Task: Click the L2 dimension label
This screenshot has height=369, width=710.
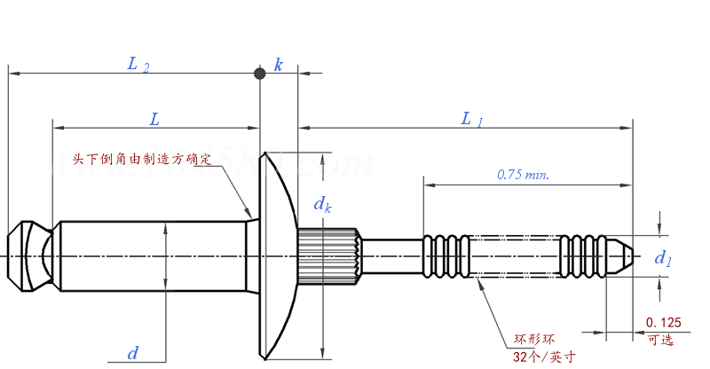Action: point(138,64)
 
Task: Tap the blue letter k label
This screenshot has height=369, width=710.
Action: point(279,66)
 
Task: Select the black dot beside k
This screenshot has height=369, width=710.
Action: point(259,74)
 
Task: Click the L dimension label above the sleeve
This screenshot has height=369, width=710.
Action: point(154,118)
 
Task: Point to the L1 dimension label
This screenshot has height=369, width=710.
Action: point(471,118)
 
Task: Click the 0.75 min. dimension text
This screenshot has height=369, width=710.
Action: point(523,175)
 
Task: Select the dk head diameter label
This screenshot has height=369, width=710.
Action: point(323,204)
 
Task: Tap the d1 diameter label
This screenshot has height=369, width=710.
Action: point(663,258)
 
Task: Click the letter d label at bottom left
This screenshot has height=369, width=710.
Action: point(133,353)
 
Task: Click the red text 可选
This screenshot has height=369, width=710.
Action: point(661,340)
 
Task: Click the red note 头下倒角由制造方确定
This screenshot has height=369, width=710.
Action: point(143,160)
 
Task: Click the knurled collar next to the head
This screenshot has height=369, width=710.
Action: point(327,256)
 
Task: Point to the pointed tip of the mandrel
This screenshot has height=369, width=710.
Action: point(625,255)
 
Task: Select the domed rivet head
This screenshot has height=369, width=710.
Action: point(277,255)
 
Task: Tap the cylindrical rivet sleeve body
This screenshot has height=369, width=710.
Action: point(151,255)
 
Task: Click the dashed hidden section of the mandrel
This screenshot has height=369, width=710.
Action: point(515,255)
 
